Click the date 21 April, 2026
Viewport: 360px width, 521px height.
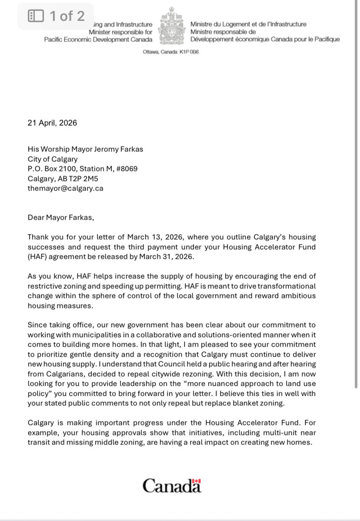(52, 123)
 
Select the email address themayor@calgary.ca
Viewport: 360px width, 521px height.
(65, 188)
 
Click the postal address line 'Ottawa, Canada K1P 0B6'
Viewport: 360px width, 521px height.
(171, 52)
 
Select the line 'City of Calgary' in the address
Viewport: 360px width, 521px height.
(53, 159)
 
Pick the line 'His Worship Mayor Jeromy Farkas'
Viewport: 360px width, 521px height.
(85, 149)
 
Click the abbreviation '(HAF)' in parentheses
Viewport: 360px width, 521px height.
(37, 257)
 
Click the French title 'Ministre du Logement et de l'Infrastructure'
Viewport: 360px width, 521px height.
(248, 24)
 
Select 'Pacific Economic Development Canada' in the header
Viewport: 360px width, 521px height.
(98, 40)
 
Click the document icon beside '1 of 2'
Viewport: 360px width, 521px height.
(36, 17)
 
